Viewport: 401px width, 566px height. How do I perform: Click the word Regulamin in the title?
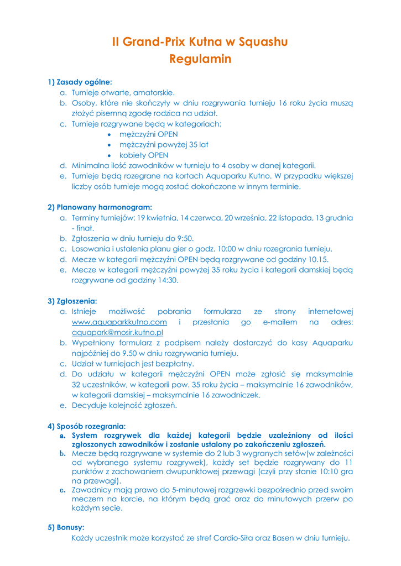pos(200,59)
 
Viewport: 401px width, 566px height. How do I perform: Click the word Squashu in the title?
pos(263,42)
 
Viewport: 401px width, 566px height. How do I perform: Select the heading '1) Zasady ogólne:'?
pos(80,82)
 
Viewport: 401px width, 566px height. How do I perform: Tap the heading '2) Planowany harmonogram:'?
pos(100,207)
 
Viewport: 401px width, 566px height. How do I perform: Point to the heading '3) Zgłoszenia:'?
pos(72,301)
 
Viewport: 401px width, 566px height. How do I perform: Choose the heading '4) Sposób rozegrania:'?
pos(87,426)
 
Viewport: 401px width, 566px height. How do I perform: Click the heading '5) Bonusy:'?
pos(66,527)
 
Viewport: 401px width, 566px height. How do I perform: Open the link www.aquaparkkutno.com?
pos(119,322)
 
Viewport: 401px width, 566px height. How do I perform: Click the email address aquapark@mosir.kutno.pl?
pos(117,333)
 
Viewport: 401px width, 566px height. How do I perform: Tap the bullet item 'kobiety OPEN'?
pos(144,155)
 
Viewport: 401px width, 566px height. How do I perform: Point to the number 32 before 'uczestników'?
pos(76,385)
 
